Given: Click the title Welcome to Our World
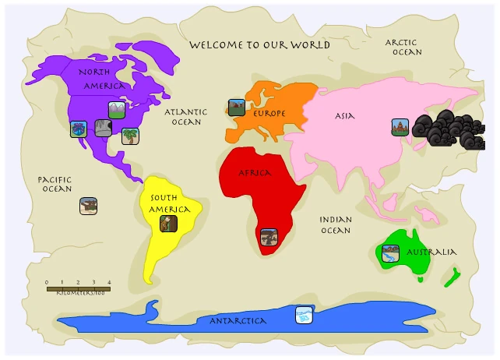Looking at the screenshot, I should (x=259, y=45).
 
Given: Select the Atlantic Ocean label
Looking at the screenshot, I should (x=186, y=117).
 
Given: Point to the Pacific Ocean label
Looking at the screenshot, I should (x=56, y=184).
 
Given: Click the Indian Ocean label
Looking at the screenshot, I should (x=336, y=225).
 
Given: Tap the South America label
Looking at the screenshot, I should (x=170, y=203).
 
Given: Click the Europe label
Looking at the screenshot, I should (x=269, y=114).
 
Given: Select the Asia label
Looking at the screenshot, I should (x=344, y=116).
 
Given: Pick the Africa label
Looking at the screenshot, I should (x=254, y=172).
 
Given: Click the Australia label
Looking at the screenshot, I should (x=431, y=252).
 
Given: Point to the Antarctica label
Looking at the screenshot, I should (x=238, y=321).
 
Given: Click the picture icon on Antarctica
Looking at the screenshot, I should (x=305, y=315).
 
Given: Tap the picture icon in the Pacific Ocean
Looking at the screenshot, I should (x=88, y=206).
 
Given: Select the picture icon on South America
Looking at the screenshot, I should (x=168, y=224).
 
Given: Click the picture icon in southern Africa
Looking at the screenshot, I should (x=269, y=237).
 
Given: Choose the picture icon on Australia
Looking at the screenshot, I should (x=390, y=252).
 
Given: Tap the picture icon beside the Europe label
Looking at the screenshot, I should (x=237, y=108).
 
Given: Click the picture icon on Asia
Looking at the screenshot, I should (x=400, y=126).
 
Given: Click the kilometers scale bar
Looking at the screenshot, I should (x=78, y=288).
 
